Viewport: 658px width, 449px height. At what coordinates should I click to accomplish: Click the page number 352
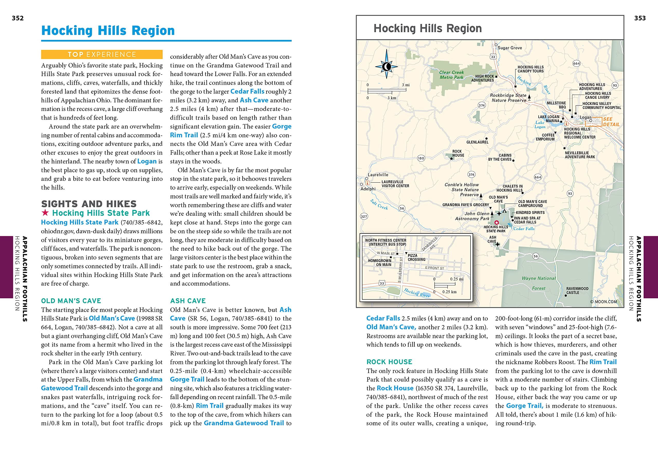click(x=17, y=18)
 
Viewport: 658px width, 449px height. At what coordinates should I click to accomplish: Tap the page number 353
click(x=639, y=18)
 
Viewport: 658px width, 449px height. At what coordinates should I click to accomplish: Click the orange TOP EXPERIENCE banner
click(x=102, y=55)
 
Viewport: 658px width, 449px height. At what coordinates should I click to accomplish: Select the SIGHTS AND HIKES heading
click(x=89, y=204)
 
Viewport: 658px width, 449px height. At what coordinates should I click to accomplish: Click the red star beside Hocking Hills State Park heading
click(x=45, y=212)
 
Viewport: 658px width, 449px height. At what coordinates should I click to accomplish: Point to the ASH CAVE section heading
click(x=188, y=301)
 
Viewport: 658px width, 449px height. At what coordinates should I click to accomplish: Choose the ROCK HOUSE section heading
click(x=389, y=362)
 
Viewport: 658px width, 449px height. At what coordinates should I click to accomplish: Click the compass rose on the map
click(x=386, y=67)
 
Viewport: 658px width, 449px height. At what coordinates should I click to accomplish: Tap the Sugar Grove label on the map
click(x=510, y=48)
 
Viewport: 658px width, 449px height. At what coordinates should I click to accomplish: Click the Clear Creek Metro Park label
click(x=451, y=75)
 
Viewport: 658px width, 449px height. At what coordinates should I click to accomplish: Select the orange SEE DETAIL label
click(x=611, y=122)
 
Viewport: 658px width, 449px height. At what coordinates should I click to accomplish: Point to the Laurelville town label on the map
click(x=378, y=175)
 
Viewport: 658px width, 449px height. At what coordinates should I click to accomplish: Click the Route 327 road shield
click(x=364, y=217)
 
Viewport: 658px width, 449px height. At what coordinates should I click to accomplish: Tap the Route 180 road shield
click(x=421, y=158)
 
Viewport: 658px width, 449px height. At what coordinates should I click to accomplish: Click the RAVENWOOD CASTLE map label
click(x=577, y=290)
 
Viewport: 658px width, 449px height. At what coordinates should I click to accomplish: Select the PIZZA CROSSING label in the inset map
click(x=416, y=257)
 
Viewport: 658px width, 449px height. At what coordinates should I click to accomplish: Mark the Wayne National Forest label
click(x=538, y=283)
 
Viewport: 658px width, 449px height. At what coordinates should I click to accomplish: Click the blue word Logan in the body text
click(x=147, y=161)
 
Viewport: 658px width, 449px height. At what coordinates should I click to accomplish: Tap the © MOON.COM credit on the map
click(x=603, y=302)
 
